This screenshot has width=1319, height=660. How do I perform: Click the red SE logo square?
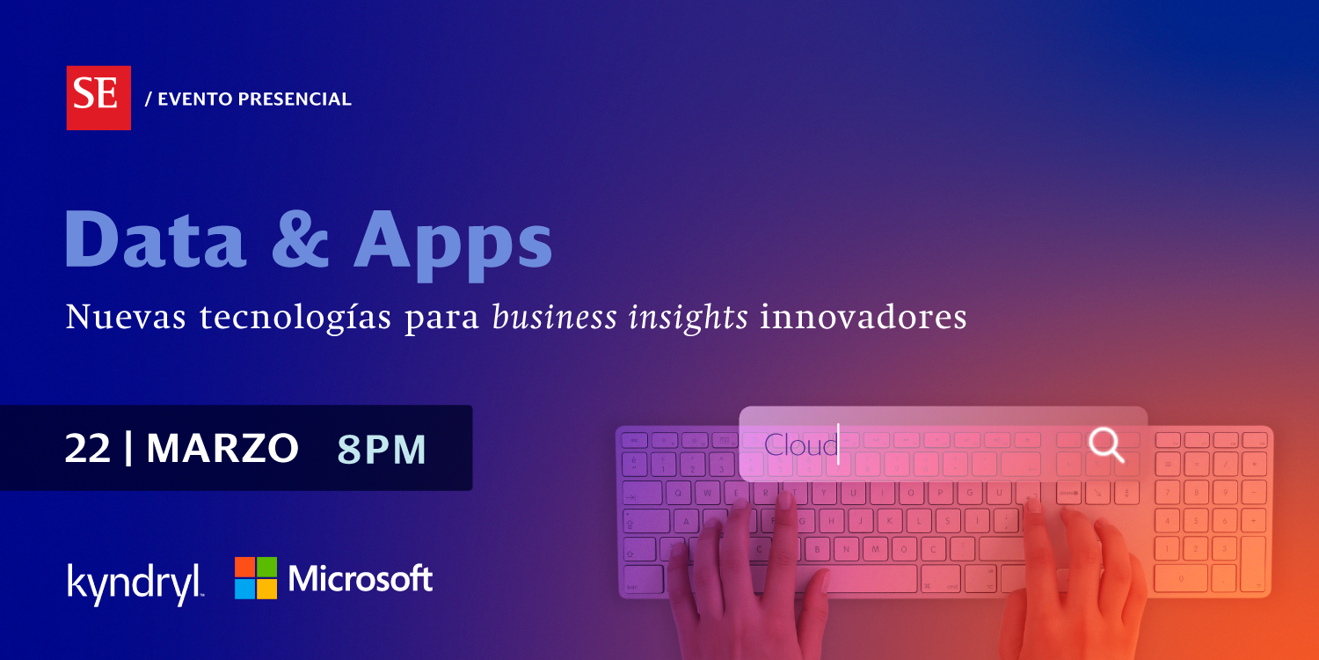(x=98, y=98)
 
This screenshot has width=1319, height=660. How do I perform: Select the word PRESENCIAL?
(x=295, y=99)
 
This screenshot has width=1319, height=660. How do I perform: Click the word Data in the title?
(x=155, y=238)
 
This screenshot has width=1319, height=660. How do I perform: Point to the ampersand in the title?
(x=300, y=238)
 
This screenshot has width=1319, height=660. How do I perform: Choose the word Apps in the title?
(x=452, y=245)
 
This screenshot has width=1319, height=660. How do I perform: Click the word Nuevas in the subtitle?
(x=126, y=317)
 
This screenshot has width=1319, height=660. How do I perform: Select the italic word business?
(x=554, y=317)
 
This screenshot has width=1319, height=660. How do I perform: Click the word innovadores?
(x=863, y=317)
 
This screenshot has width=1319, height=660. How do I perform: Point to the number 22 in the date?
(x=88, y=449)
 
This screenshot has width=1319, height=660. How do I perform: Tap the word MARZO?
(x=222, y=449)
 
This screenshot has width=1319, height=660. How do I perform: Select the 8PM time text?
(x=382, y=450)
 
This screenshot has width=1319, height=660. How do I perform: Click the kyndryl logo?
(x=135, y=583)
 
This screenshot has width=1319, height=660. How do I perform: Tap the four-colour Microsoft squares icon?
(x=256, y=578)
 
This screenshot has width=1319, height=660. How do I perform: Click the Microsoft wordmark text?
(x=361, y=578)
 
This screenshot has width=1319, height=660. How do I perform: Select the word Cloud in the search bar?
(x=800, y=445)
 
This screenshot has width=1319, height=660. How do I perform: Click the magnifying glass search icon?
(x=1106, y=445)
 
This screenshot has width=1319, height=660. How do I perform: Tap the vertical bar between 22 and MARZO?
(x=128, y=449)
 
